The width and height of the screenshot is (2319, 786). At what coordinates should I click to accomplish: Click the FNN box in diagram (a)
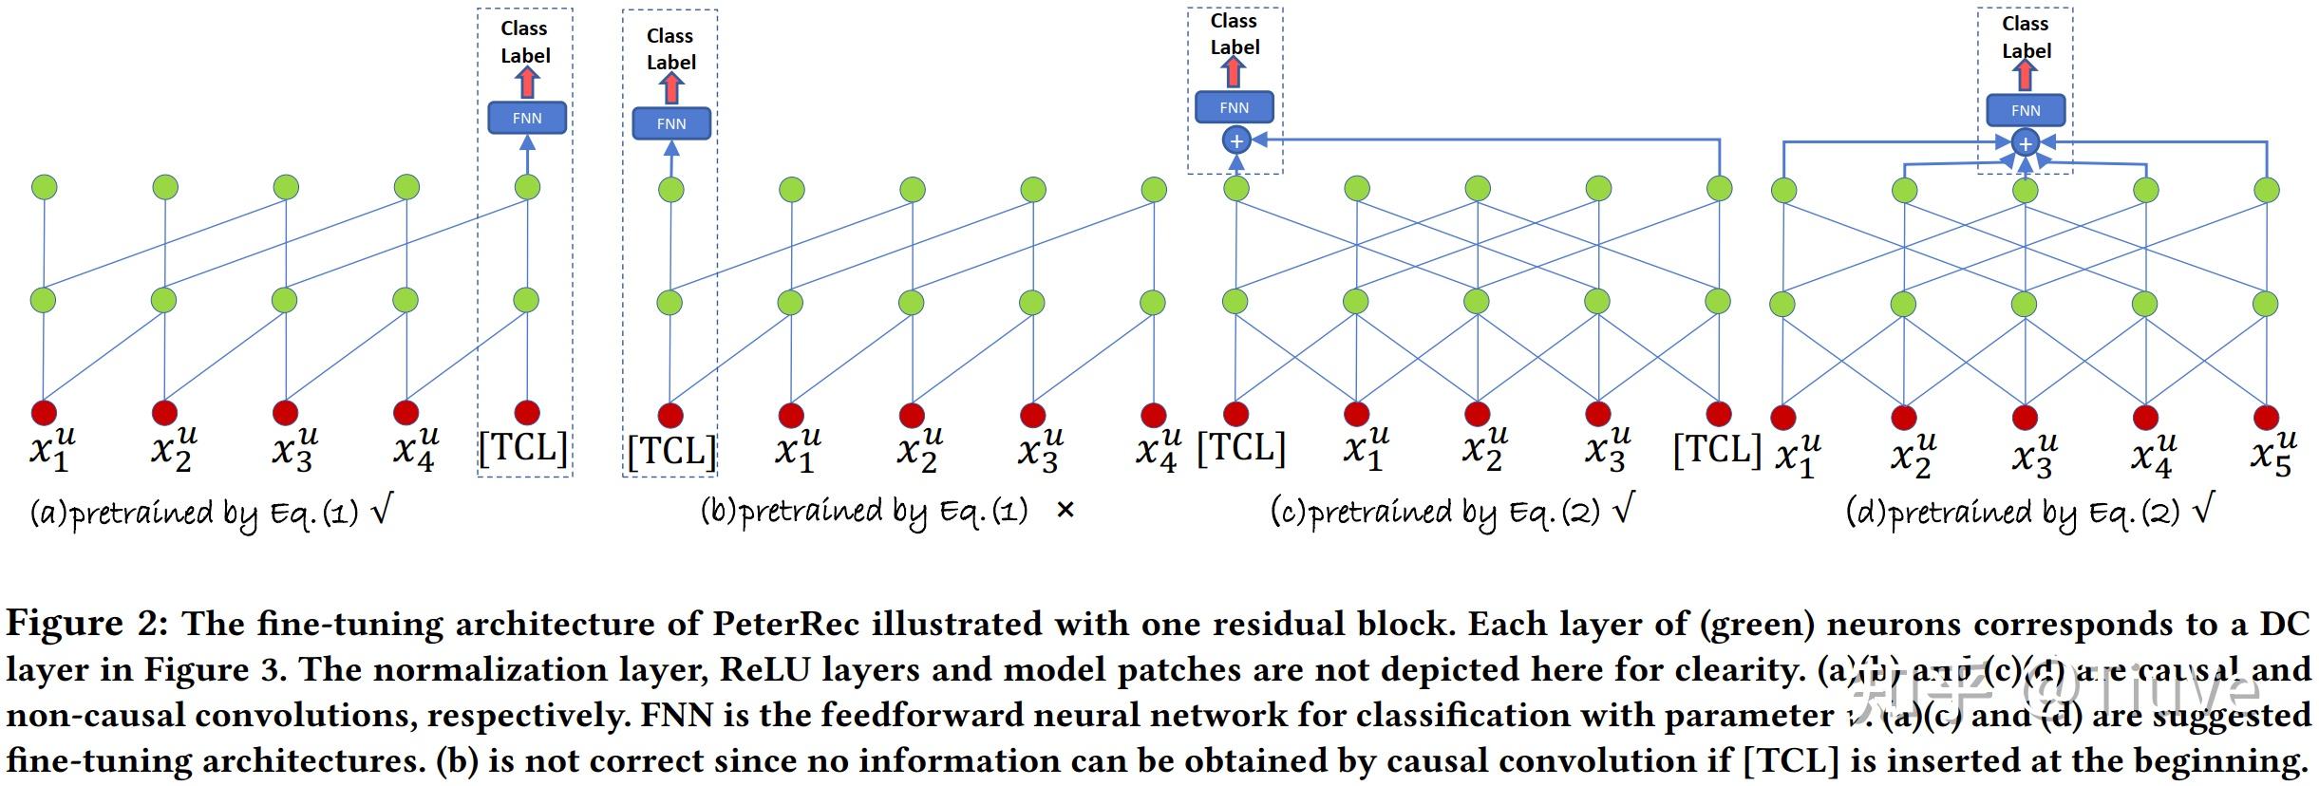pyautogui.click(x=527, y=118)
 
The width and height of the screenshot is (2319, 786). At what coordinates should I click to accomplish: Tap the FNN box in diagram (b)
pyautogui.click(x=671, y=123)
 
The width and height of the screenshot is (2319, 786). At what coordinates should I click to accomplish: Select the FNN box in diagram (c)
pyautogui.click(x=1235, y=107)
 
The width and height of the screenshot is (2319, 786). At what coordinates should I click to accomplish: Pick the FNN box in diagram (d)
pyautogui.click(x=2026, y=110)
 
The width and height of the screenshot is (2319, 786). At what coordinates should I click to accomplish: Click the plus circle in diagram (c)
pyautogui.click(x=1236, y=141)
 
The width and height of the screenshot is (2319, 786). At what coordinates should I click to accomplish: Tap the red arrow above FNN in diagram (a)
pyautogui.click(x=527, y=83)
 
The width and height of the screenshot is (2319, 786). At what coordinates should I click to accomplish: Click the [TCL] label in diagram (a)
pyautogui.click(x=523, y=447)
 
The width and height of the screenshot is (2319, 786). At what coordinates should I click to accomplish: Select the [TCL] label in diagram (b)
pyautogui.click(x=671, y=451)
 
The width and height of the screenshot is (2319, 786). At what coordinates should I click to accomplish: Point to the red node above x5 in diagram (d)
pyautogui.click(x=2267, y=417)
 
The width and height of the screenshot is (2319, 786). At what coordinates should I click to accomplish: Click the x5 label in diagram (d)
pyautogui.click(x=2272, y=454)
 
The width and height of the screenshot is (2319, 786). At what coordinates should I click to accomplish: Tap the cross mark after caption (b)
pyautogui.click(x=1065, y=511)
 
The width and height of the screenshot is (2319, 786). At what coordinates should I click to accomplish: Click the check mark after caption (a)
pyautogui.click(x=381, y=511)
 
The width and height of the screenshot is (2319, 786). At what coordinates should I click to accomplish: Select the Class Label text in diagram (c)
pyautogui.click(x=1235, y=34)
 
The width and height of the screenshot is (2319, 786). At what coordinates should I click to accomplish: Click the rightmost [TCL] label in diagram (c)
pyautogui.click(x=1717, y=448)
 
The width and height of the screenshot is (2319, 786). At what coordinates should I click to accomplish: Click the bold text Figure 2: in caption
pyautogui.click(x=87, y=624)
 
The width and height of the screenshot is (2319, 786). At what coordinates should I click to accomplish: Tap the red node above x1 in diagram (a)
pyautogui.click(x=45, y=413)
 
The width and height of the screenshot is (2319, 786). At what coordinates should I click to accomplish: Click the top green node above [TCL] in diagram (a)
pyautogui.click(x=527, y=186)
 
